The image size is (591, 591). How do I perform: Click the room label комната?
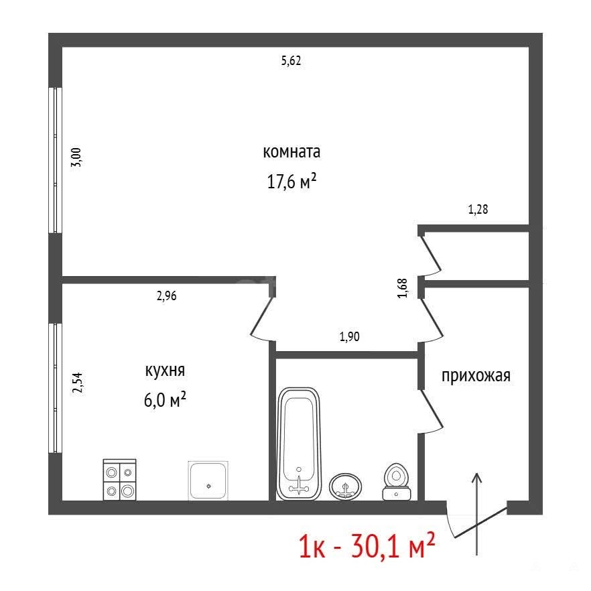pyautogui.click(x=291, y=152)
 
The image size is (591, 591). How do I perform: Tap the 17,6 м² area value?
pyautogui.click(x=291, y=182)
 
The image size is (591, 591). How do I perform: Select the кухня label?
pyautogui.click(x=165, y=371)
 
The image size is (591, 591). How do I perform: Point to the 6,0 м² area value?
pyautogui.click(x=165, y=399)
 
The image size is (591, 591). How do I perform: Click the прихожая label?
pyautogui.click(x=476, y=376)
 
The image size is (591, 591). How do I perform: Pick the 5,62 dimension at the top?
pyautogui.click(x=291, y=61)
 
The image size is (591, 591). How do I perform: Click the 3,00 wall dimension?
pyautogui.click(x=76, y=157)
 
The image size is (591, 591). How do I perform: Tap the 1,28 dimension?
pyautogui.click(x=478, y=209)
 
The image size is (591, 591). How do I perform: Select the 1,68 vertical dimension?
pyautogui.click(x=403, y=288)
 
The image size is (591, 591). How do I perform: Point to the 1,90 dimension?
pyautogui.click(x=349, y=336)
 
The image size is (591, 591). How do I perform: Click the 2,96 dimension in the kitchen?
pyautogui.click(x=166, y=296)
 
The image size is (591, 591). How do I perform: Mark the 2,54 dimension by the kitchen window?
pyautogui.click(x=77, y=383)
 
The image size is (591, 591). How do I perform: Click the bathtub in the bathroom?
pyautogui.click(x=299, y=444)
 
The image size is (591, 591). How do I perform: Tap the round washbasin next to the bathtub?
pyautogui.click(x=345, y=486)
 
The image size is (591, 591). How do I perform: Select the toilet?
pyautogui.click(x=396, y=482)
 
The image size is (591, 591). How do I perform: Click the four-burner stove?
pyautogui.click(x=119, y=480)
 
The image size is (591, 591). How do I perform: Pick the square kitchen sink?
pyautogui.click(x=208, y=481)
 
